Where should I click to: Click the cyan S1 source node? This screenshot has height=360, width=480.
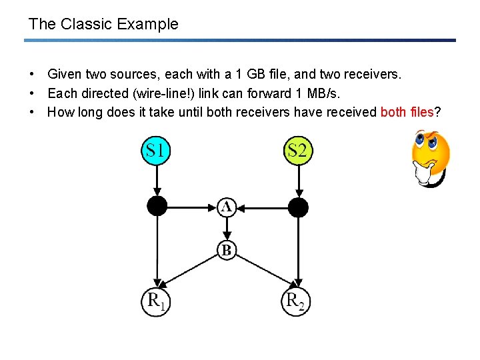tap(155, 151)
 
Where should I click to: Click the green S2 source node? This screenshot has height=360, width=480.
tap(298, 151)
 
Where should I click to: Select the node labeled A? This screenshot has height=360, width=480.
tap(227, 207)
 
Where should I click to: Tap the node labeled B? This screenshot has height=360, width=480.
tap(227, 251)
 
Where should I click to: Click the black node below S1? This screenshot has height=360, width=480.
tap(157, 207)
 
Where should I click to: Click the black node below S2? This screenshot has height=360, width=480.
tap(298, 207)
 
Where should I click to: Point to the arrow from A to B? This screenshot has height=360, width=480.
tap(227, 229)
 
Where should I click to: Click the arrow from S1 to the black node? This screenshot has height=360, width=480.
tap(156, 179)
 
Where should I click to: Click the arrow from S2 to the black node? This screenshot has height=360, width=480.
tap(298, 179)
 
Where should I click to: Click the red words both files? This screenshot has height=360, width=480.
tap(407, 112)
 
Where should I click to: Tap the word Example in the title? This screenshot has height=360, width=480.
tap(148, 24)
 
